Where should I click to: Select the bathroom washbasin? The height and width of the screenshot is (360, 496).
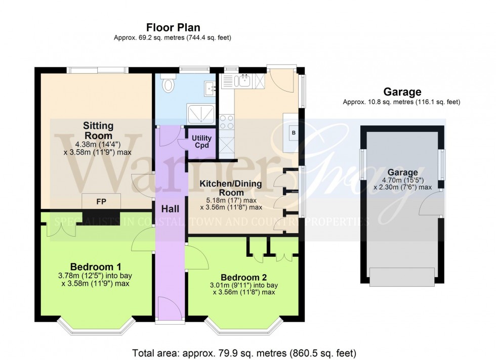[210, 88]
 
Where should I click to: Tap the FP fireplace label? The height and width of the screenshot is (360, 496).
[101, 201]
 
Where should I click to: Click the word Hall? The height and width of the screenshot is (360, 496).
[170, 208]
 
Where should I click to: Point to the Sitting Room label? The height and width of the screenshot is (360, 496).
[99, 130]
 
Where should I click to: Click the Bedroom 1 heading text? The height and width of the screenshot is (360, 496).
[96, 266]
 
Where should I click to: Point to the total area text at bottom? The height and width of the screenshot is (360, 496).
[244, 352]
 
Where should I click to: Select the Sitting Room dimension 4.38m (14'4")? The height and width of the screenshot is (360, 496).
[99, 144]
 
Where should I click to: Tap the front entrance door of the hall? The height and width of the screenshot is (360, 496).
[170, 308]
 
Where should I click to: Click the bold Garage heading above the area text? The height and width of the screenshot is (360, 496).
[402, 92]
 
